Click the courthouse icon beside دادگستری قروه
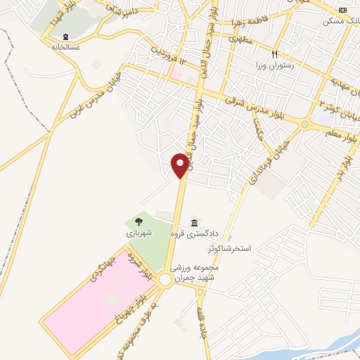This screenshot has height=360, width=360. pos(194,223)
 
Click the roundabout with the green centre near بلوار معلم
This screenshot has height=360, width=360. pos(304,124)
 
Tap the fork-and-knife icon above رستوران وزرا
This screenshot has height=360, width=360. pos(276,53)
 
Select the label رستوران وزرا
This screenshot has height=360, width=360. pos(276,65)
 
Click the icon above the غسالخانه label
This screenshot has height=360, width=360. pos(65,37)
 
